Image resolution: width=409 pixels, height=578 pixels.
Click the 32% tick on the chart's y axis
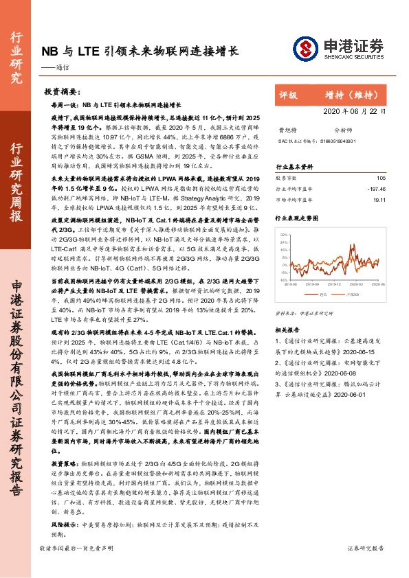tap(283, 235)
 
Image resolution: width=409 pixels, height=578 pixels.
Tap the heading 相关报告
tap(288, 311)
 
